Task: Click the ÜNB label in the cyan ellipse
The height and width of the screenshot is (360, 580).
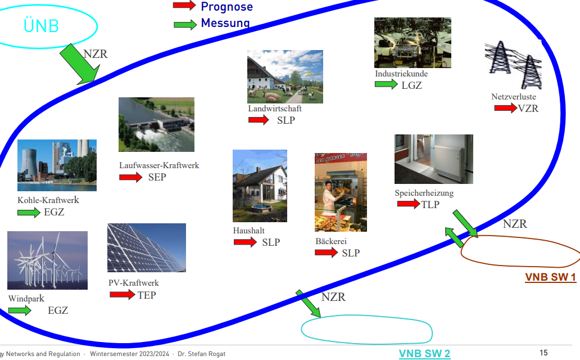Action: point(42,26)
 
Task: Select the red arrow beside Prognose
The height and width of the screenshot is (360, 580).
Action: point(184,6)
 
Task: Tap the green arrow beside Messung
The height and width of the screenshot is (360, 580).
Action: point(185,24)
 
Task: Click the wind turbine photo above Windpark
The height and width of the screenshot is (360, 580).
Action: point(47,260)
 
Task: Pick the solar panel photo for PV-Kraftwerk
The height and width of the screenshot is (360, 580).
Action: point(146,247)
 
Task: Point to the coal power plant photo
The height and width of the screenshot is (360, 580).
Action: point(57,165)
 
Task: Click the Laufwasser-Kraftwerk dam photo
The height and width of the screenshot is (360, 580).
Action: point(156,124)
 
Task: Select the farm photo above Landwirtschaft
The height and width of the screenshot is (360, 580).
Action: point(285,76)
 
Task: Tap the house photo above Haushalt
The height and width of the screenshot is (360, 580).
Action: point(260,186)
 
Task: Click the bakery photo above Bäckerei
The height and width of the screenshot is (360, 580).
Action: point(341,192)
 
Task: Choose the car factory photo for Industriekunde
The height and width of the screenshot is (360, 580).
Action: point(413,43)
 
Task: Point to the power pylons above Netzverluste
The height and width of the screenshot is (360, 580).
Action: point(513,65)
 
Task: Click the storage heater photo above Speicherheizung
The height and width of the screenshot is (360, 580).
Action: point(433,159)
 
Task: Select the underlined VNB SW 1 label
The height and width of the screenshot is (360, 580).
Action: point(550,277)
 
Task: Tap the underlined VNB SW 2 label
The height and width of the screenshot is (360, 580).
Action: point(424,353)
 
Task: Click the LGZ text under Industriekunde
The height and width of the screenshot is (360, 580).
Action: point(411,85)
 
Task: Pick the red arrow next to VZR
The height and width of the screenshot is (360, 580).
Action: point(505,108)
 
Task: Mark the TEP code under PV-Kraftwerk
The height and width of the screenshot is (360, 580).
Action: point(147,295)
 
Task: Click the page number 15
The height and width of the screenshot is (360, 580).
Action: point(543,353)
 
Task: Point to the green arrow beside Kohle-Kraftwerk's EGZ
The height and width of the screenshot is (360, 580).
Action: point(29,213)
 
